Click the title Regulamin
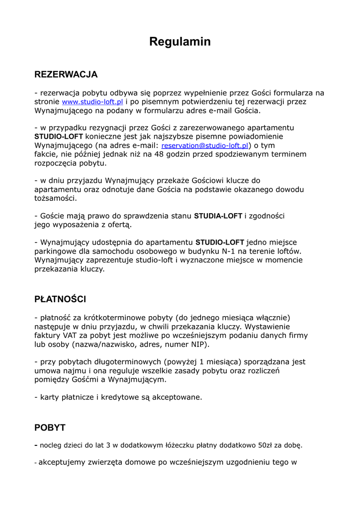[180, 42]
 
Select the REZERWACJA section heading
[66, 75]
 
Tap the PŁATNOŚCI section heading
[60, 299]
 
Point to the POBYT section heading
[50, 427]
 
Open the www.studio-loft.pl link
[92, 102]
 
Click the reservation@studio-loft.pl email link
[205, 146]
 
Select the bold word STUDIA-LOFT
[218, 216]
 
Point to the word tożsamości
[55, 198]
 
